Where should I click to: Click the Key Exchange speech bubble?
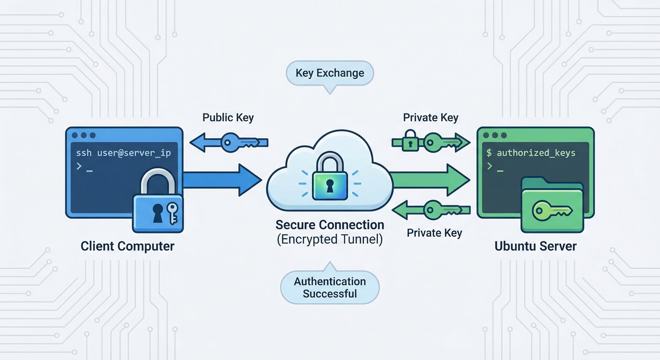330,73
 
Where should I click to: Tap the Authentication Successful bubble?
330,287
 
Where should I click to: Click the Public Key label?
228,118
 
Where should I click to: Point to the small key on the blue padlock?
172,213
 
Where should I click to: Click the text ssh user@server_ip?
123,153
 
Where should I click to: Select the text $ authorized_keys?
531,153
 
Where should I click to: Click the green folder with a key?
552,206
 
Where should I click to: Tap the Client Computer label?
128,246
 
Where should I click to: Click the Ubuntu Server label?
535,246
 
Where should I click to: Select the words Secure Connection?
330,225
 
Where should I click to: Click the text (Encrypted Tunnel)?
330,239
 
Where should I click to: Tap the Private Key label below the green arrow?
434,233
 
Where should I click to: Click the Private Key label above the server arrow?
430,118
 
